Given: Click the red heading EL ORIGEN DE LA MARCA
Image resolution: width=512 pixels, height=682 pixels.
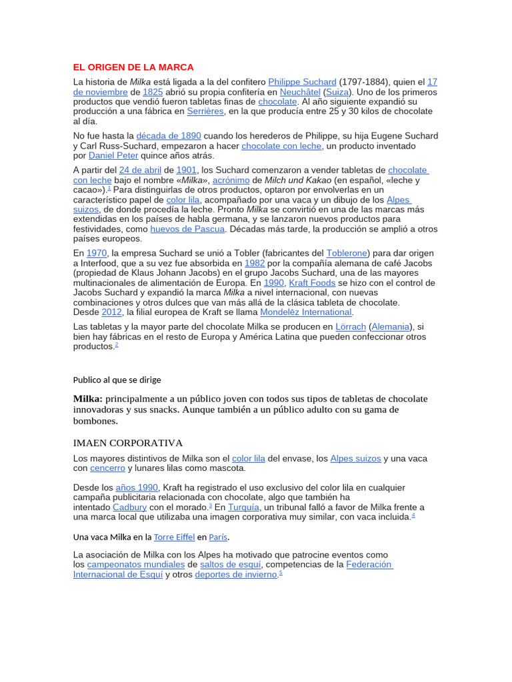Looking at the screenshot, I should tap(133, 67).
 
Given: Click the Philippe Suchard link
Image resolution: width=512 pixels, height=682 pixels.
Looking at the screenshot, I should tap(302, 82).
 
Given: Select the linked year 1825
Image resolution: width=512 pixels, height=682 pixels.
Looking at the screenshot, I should tap(153, 92).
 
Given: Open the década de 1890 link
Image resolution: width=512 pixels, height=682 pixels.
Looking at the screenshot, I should tap(169, 136).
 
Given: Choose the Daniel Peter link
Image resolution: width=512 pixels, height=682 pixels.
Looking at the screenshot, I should tap(113, 155).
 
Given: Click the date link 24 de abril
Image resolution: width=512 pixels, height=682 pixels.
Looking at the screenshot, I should tap(140, 170).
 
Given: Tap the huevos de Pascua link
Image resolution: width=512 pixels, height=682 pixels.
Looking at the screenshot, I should tap(187, 228).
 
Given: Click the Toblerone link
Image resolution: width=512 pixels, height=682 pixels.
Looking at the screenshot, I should tap(347, 253).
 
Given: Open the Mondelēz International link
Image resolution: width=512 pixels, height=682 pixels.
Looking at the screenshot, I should tap(306, 312).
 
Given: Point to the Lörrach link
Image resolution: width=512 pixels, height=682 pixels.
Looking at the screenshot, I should tap(350, 326).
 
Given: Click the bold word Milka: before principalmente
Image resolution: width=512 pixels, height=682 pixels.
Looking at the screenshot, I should tap(87, 398).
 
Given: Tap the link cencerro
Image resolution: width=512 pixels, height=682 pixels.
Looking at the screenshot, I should tap(107, 468).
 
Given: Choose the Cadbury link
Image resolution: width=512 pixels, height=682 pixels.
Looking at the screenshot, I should tap(130, 507).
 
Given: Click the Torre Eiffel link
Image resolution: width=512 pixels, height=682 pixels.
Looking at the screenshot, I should tap(175, 537).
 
